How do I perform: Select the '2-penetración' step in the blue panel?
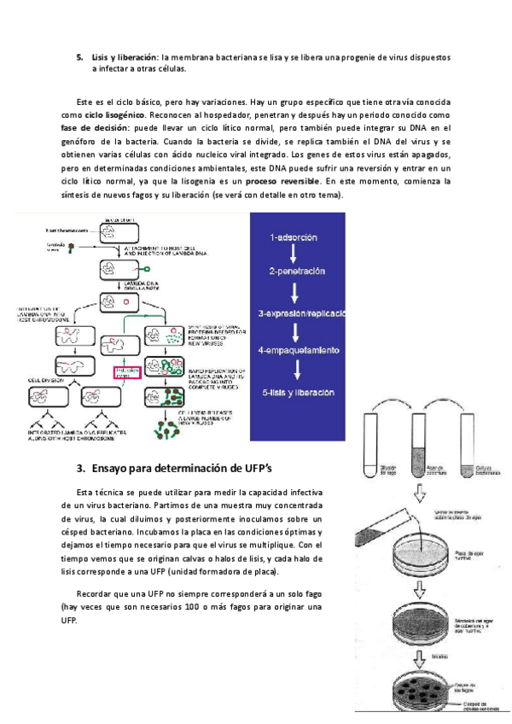[x=297, y=271]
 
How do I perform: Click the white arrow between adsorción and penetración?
[x=293, y=254]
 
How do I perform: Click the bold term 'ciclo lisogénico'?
[x=113, y=114]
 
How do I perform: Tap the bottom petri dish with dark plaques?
[x=421, y=689]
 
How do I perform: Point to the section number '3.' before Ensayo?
[x=81, y=468]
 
